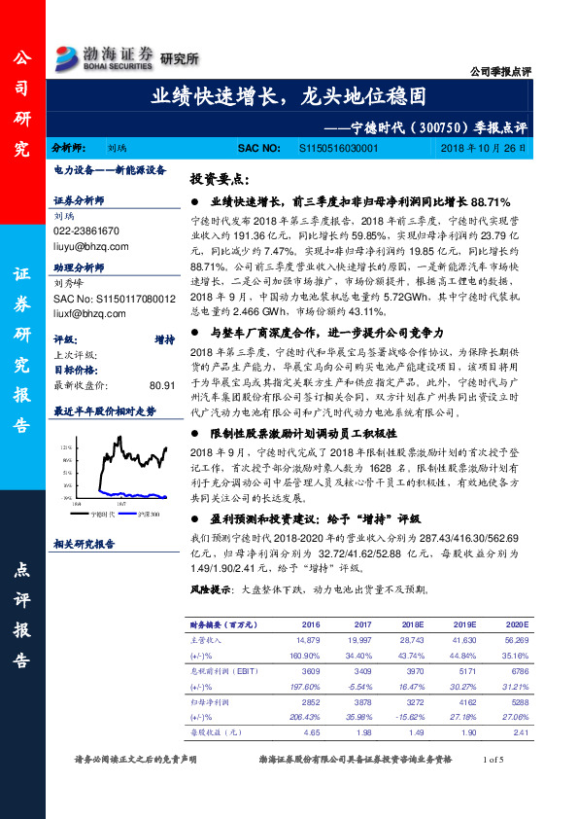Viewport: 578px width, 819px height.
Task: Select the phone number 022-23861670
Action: coord(86,231)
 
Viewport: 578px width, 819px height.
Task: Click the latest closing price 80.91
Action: coord(162,385)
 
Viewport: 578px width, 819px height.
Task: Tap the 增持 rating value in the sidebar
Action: coord(164,340)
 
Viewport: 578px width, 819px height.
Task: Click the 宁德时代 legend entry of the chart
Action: coord(102,513)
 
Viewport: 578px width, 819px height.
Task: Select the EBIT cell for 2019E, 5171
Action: coord(466,670)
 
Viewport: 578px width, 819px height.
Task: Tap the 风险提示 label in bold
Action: coord(210,589)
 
